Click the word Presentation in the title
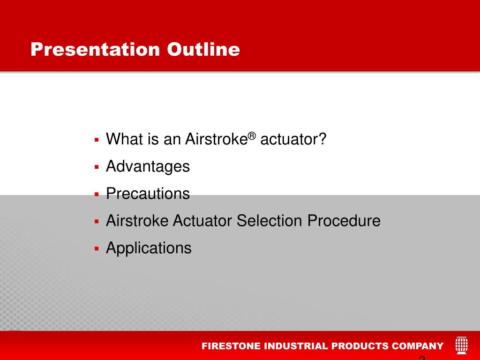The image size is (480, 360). point(95,49)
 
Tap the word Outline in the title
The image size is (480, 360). point(203,49)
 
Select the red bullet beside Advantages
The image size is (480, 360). point(97,167)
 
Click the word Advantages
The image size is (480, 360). point(148,167)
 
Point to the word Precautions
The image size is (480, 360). point(148,194)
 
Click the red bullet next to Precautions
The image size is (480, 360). point(97,195)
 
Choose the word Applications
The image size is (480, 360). point(149,248)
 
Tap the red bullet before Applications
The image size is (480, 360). point(97,248)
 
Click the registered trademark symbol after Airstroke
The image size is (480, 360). point(252,135)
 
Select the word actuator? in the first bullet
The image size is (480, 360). point(293,139)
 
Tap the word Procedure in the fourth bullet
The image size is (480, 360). point(344,221)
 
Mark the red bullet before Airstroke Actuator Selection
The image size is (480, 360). point(97,221)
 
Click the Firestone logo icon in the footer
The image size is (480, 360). point(462,345)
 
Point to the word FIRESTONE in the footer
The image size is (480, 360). point(231,346)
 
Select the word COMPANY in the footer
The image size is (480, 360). point(418,346)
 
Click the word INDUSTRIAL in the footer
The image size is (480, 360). point(296,346)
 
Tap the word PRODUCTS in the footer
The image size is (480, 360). point(360,346)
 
